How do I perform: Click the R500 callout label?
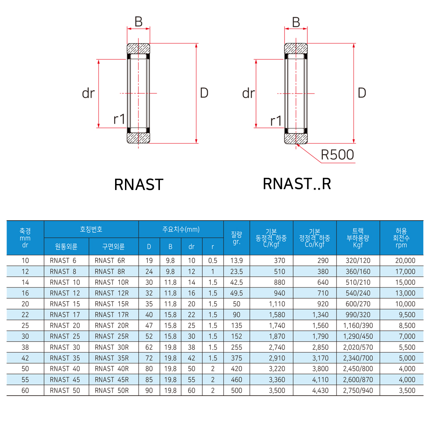click(337, 154)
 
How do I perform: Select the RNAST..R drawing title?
click(297, 184)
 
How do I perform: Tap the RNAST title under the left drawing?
click(139, 184)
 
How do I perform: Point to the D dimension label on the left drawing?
click(204, 93)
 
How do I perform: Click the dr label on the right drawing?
click(249, 93)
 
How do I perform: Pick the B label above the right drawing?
click(296, 22)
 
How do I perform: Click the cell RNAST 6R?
click(110, 261)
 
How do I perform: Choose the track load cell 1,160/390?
click(358, 325)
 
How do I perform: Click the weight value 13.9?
click(237, 261)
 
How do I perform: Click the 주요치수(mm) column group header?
click(181, 229)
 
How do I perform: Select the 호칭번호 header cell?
click(91, 229)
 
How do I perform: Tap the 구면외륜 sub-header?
click(113, 247)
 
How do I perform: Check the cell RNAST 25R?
click(112, 336)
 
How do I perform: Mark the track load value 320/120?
click(358, 261)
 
